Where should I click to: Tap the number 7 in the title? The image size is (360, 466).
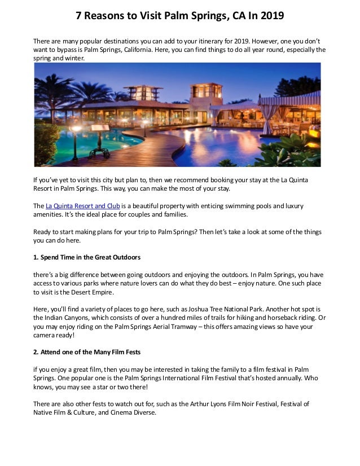tap(80, 16)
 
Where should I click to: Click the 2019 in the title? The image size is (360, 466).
tap(270, 16)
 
